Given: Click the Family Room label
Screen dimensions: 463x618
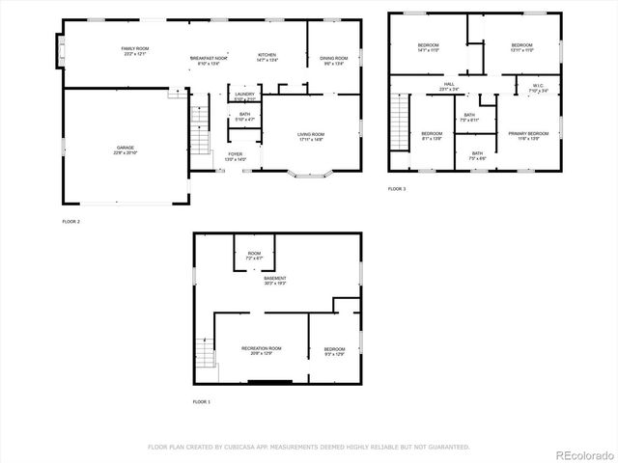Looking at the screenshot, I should pos(134,50).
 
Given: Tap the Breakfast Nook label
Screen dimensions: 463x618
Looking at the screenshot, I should pos(208,59).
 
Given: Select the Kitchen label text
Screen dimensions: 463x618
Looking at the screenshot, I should pos(267,58).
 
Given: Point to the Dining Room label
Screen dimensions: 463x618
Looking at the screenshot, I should pos(334,60).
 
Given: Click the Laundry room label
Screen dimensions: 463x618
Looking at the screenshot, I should pos(244,97).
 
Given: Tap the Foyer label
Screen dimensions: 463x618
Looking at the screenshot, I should pos(236,156).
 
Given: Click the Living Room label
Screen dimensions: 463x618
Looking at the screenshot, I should pos(310,136).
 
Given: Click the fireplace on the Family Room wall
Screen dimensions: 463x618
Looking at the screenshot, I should pos(61,50).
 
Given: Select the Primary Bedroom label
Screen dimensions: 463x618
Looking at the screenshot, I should pos(528,135).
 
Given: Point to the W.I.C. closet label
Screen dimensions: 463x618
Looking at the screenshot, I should pos(538,88).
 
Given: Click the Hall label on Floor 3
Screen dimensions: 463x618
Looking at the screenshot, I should pos(449,86).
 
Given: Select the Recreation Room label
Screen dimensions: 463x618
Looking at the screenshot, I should pos(261,349).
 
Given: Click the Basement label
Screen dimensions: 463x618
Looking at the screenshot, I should pos(275,281).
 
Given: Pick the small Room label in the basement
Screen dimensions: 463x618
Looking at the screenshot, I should pos(253,256).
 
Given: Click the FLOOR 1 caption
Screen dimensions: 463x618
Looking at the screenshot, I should pos(201,401).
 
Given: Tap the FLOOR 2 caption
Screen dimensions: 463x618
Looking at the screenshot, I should pos(70,222).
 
